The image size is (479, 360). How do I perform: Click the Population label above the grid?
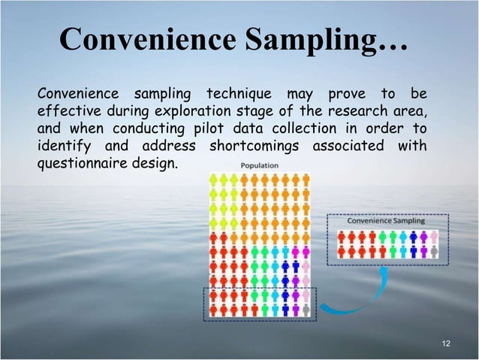(x=259, y=165)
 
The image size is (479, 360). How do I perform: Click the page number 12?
(x=447, y=343)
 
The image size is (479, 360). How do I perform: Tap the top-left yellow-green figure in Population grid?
(x=213, y=180)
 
